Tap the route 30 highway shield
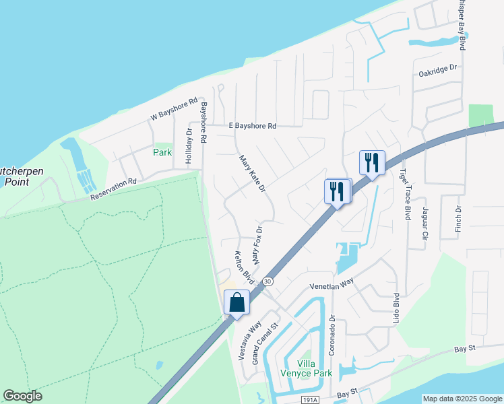[x=268, y=280]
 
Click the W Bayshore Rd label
[x=174, y=110]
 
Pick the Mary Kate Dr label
[x=253, y=173]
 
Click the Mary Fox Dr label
[x=257, y=244]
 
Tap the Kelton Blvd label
[x=243, y=267]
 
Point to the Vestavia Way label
[x=246, y=339]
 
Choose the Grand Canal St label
[x=265, y=344]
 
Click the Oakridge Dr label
[x=437, y=69]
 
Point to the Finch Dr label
[x=458, y=218]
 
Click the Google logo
[x=22, y=396]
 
